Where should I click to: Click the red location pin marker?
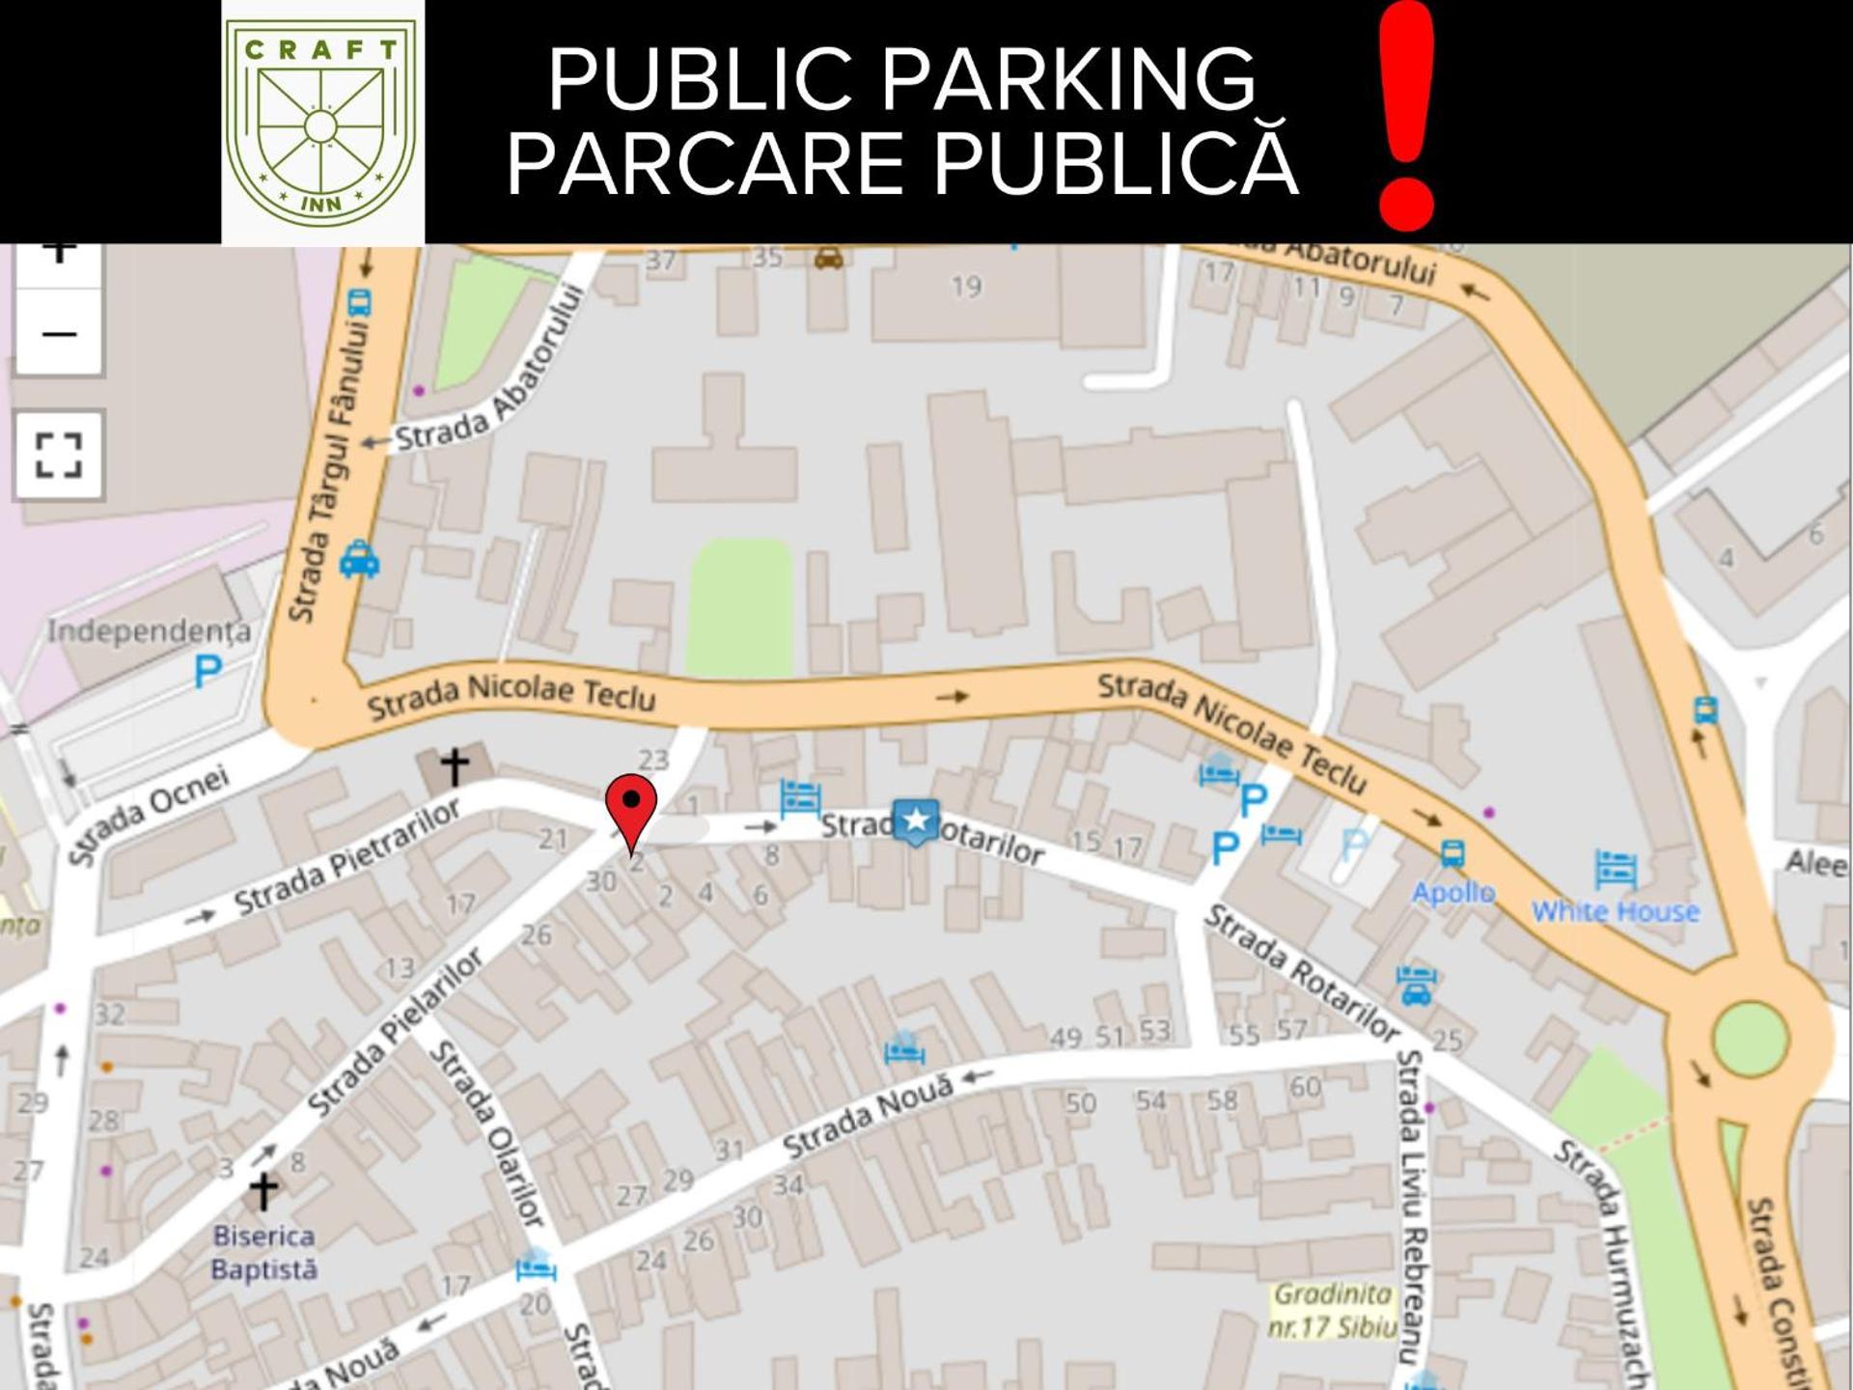[x=631, y=809]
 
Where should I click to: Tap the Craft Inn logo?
[x=321, y=121]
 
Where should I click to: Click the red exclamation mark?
[x=1406, y=116]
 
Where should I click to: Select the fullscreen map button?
[x=59, y=455]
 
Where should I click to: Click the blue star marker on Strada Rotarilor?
[x=915, y=821]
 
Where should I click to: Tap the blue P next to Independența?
[x=207, y=671]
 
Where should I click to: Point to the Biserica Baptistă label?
[x=263, y=1252]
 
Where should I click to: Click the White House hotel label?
[x=1615, y=911]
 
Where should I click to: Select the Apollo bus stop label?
[x=1453, y=892]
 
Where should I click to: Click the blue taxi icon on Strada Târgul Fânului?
[x=359, y=559]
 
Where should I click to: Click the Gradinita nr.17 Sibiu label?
[x=1333, y=1310]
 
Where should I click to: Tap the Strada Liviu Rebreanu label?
[x=1412, y=1207]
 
